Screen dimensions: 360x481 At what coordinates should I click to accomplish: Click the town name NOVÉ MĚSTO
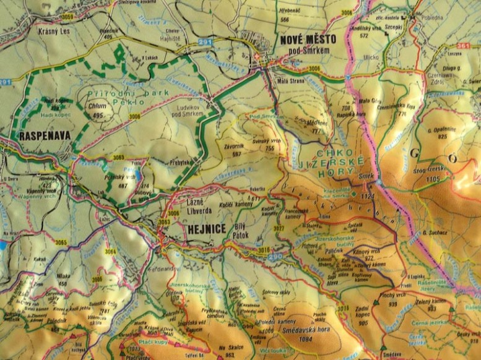[308, 39]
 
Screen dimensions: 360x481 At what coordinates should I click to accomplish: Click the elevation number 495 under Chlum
[97, 116]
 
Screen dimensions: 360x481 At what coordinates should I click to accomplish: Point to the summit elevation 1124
[369, 197]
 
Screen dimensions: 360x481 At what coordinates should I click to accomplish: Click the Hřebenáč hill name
[290, 11]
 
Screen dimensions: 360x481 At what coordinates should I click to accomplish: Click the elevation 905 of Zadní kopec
[363, 322]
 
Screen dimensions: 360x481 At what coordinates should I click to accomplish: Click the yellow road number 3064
[110, 251]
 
